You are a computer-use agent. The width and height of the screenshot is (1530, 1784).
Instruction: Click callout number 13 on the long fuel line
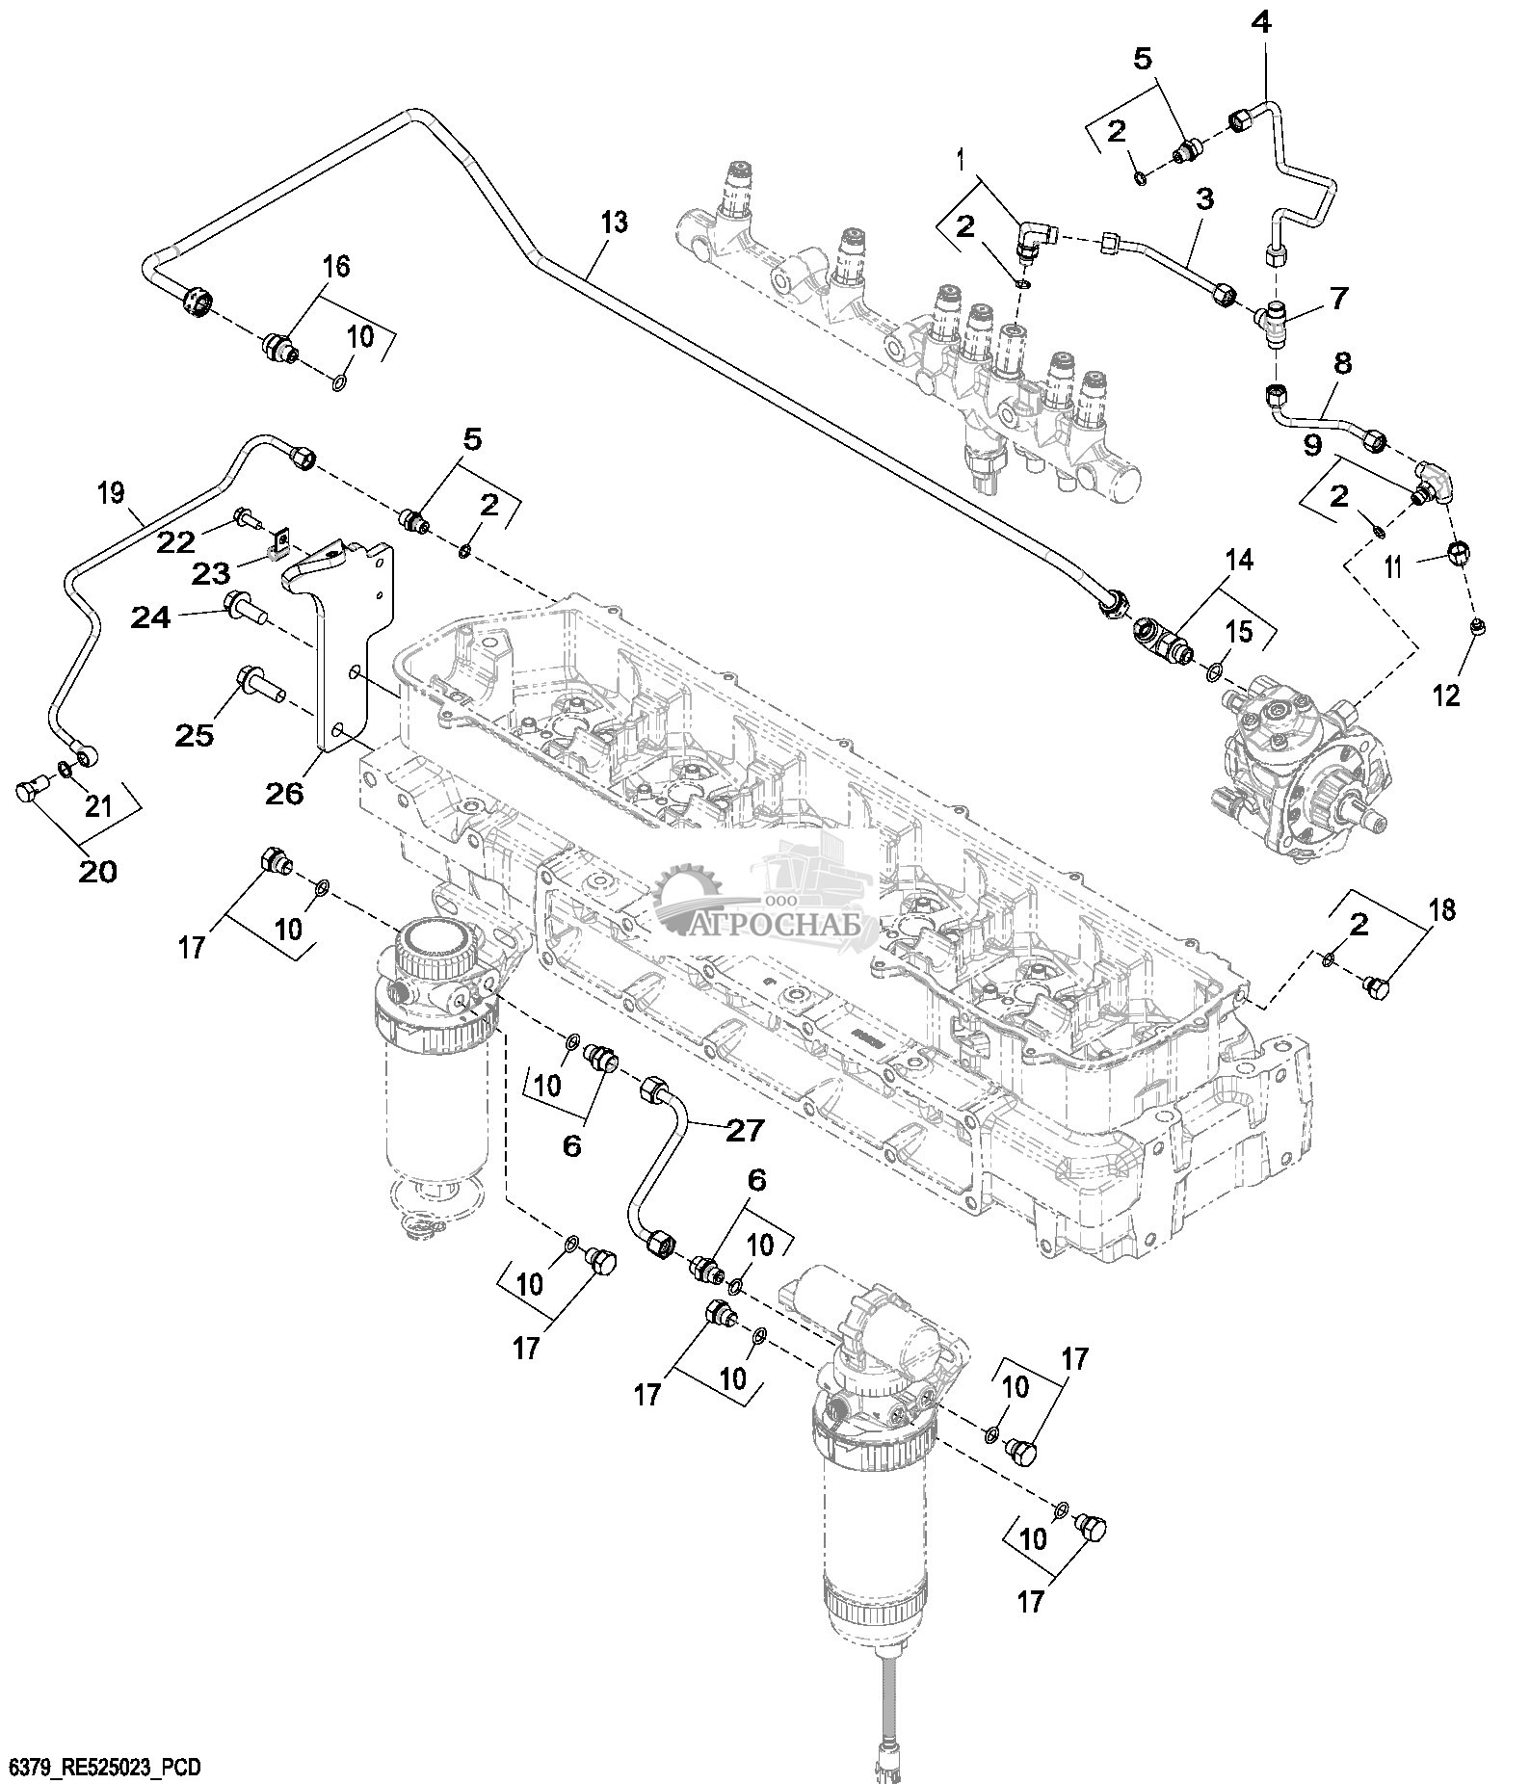pyautogui.click(x=614, y=223)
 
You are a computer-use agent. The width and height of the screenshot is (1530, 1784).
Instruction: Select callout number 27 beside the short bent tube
pyautogui.click(x=744, y=1130)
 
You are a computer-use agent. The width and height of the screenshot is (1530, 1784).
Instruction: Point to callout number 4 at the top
pyautogui.click(x=1261, y=23)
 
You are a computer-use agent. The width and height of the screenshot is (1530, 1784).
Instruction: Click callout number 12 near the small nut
pyautogui.click(x=1447, y=694)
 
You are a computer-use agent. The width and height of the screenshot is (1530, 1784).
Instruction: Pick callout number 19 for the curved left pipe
pyautogui.click(x=112, y=493)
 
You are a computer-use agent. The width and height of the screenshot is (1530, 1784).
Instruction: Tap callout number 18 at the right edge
pyautogui.click(x=1442, y=909)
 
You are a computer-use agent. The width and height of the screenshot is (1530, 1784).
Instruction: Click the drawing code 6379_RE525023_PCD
pyautogui.click(x=101, y=1768)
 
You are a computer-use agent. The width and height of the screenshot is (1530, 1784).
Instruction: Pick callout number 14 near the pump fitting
pyautogui.click(x=1240, y=559)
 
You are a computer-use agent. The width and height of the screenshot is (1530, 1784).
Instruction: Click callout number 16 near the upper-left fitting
pyautogui.click(x=335, y=267)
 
